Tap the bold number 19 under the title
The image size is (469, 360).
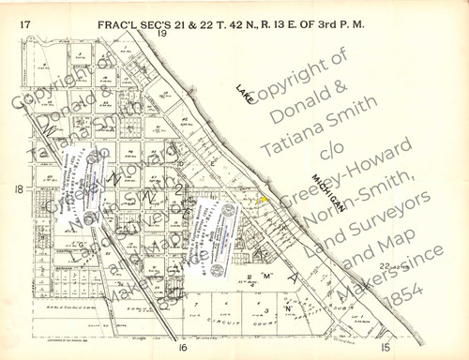(161, 33)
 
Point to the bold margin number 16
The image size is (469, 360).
(184, 347)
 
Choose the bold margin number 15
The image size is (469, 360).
(386, 346)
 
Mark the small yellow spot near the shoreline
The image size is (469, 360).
(264, 199)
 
